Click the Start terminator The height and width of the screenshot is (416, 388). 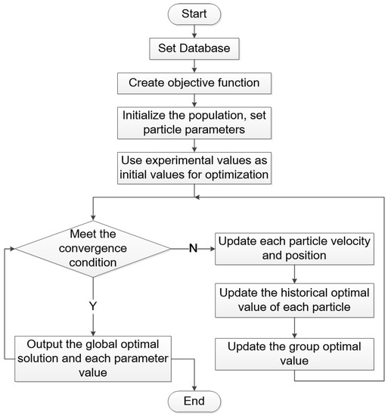pos(195,13)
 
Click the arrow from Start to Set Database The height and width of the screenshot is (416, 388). pos(195,31)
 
